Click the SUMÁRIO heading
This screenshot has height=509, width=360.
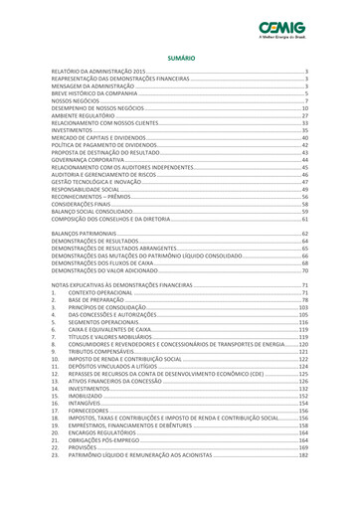click(x=180, y=60)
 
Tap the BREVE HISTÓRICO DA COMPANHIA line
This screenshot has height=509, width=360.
click(x=94, y=93)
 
